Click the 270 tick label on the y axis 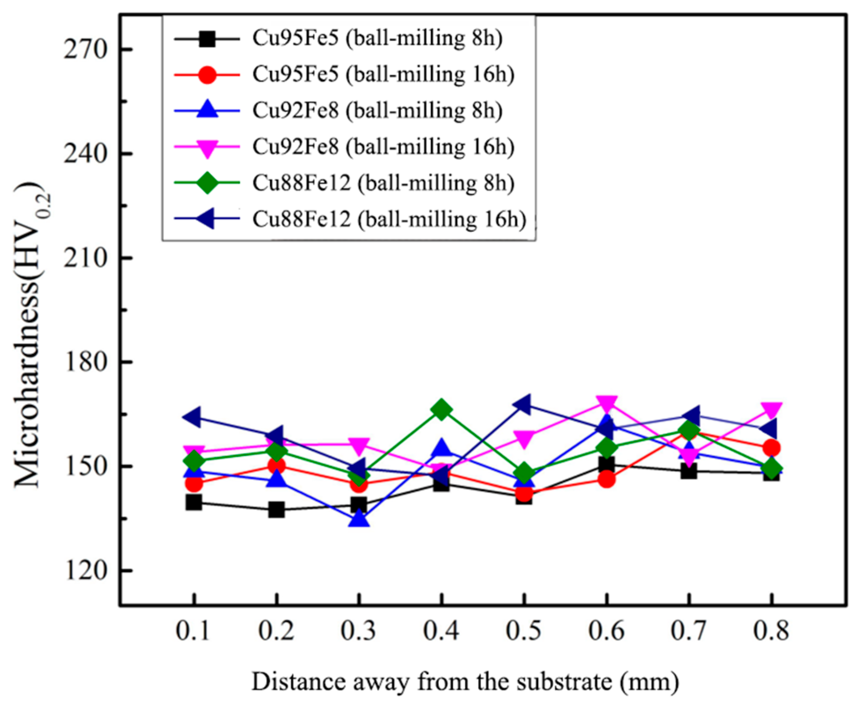point(86,50)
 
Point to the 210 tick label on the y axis point(86,258)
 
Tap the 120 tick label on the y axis point(86,571)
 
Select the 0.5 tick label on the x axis point(524,631)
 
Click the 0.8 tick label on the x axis point(771,631)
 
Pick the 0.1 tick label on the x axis point(194,631)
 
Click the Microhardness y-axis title point(33,334)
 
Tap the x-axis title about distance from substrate point(465,682)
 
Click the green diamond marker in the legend point(207,183)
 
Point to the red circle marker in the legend point(207,75)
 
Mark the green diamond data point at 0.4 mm point(441,410)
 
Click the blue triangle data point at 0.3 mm point(359,519)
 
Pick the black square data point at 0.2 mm point(276,510)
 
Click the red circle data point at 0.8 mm point(771,448)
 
